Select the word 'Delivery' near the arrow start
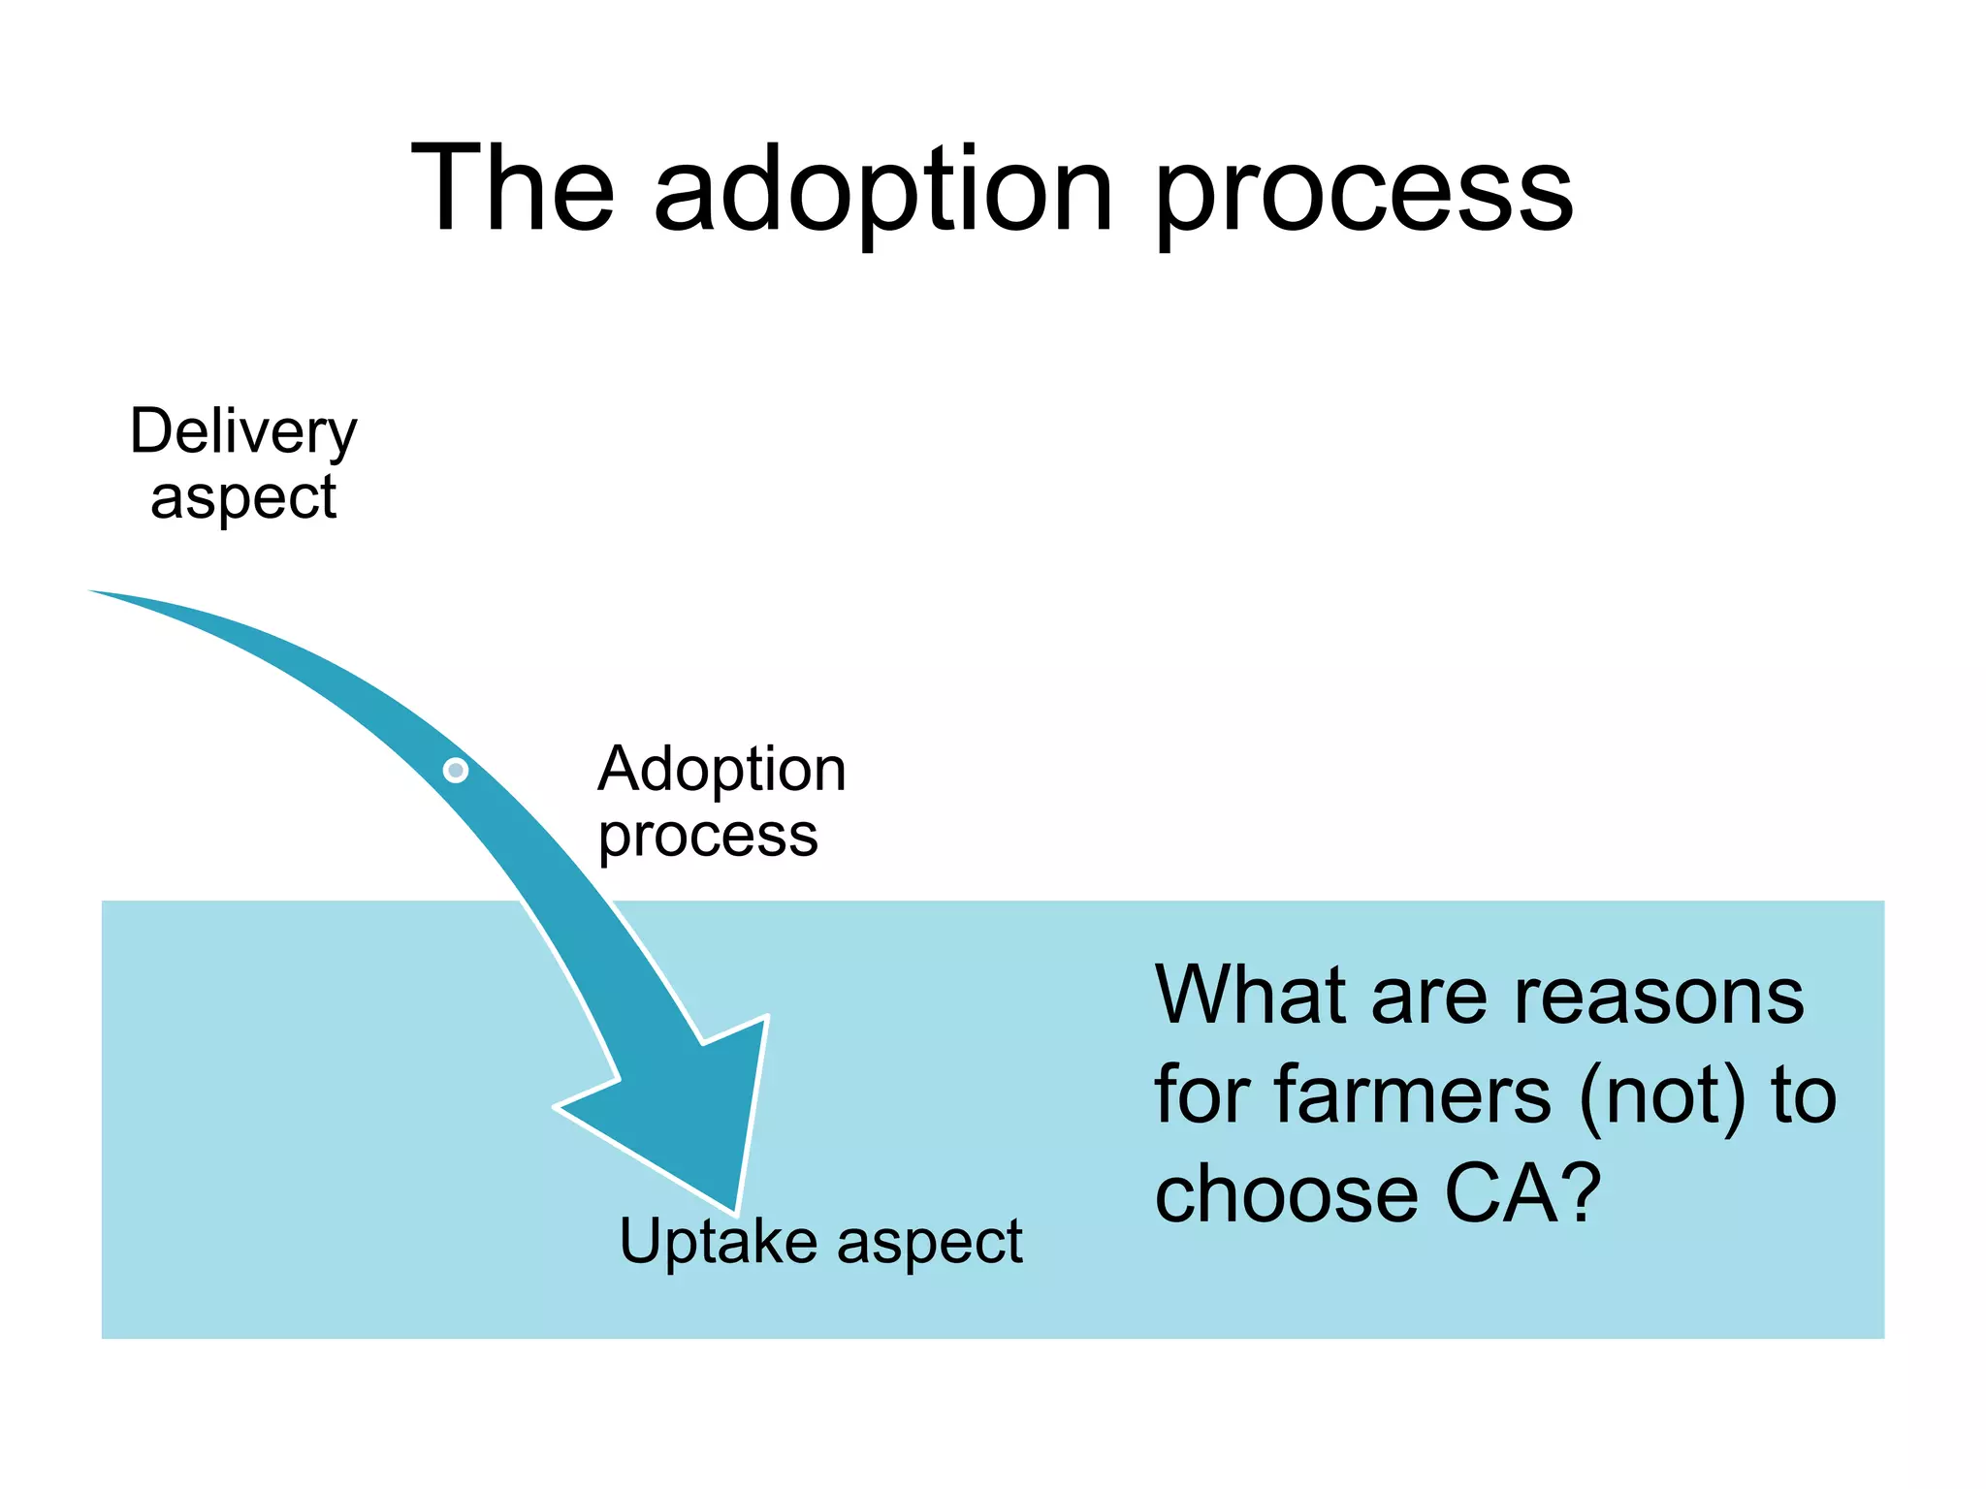(243, 432)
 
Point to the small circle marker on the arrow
(456, 771)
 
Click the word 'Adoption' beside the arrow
(721, 770)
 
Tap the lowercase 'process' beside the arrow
(708, 836)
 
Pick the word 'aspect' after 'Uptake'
(929, 1242)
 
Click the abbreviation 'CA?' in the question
(1522, 1193)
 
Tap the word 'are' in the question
(1429, 997)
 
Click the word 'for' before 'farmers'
(1201, 1094)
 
